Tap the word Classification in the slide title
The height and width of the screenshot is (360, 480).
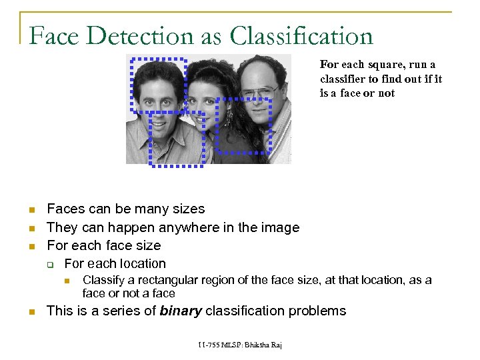299,36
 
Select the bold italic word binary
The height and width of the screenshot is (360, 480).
181,311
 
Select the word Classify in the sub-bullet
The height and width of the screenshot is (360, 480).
103,280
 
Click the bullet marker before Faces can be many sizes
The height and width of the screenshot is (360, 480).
31,210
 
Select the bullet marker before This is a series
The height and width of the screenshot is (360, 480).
31,311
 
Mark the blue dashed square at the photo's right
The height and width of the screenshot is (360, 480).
245,125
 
